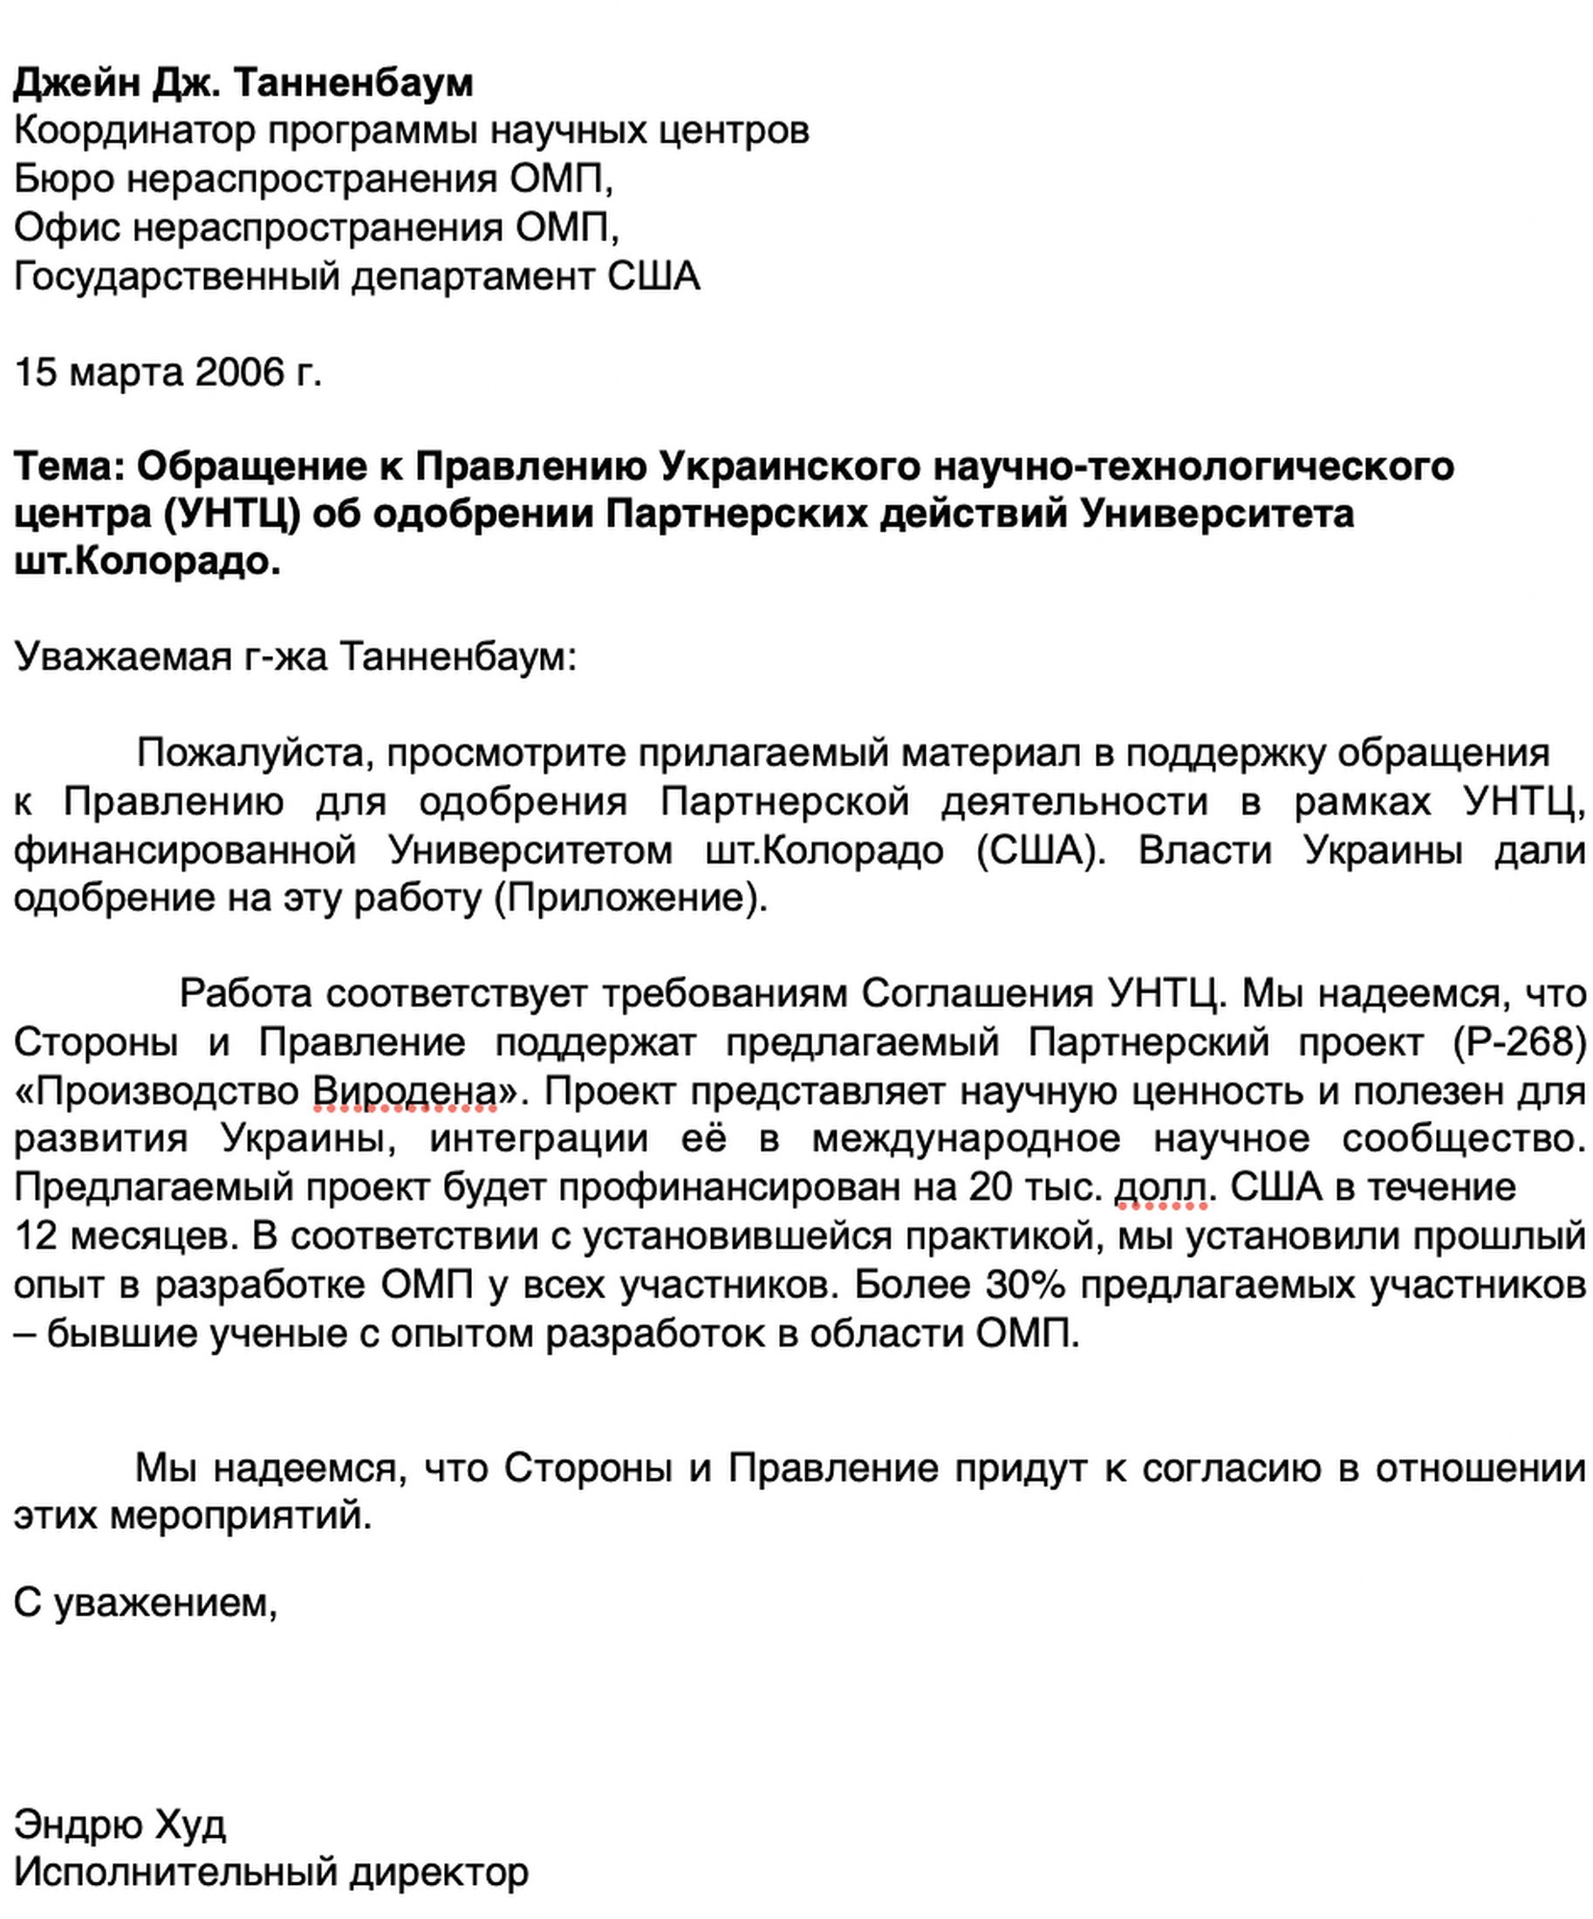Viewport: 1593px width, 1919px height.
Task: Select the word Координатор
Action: tap(133, 132)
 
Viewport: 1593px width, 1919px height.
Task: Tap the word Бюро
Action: tap(61, 179)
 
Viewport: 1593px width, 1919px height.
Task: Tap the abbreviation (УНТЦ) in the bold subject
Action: tap(232, 515)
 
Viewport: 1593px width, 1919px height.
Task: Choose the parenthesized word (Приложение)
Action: tap(631, 898)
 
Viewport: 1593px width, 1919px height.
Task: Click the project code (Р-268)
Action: tap(1519, 1042)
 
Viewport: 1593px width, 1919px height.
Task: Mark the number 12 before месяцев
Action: tap(35, 1235)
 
